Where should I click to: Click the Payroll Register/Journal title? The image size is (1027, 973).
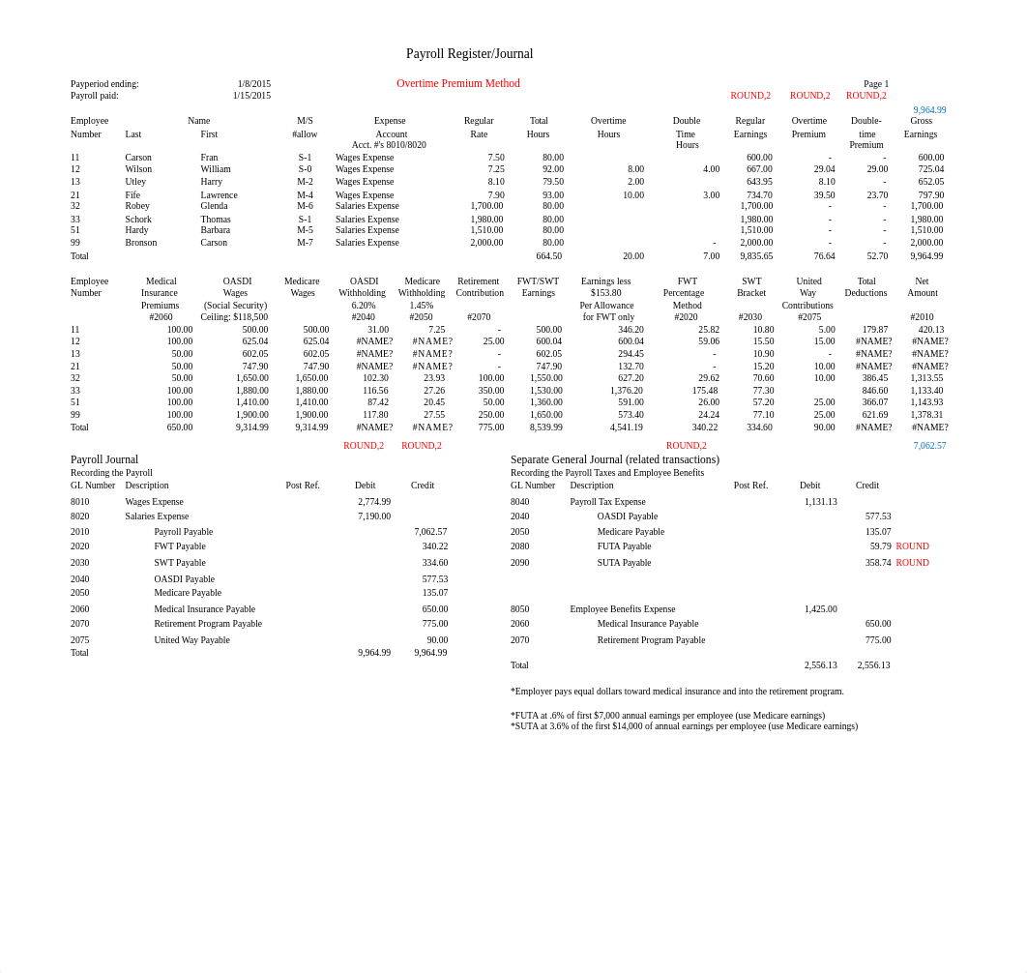pos(469,54)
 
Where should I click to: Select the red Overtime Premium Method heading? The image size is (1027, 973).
pos(457,83)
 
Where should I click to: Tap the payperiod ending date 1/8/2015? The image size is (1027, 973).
pos(254,84)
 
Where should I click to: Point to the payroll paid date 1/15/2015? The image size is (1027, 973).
pos(251,96)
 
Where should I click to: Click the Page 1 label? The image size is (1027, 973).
pos(875,84)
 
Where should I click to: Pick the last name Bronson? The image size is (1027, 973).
pos(140,243)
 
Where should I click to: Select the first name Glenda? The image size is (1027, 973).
pos(214,206)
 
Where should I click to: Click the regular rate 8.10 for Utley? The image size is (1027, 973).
pos(495,182)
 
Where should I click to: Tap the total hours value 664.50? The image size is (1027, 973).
pos(548,256)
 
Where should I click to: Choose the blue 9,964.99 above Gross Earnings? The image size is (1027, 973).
pos(929,110)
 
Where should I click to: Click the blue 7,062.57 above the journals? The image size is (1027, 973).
pos(929,446)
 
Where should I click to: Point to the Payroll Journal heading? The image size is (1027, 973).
pos(104,459)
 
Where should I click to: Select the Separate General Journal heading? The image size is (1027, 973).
pos(614,459)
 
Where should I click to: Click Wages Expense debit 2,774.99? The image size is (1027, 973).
pos(374,502)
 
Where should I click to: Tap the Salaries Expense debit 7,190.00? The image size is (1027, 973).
pos(374,516)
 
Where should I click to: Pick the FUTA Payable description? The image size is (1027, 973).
pos(624,546)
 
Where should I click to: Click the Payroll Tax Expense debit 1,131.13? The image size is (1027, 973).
pos(820,502)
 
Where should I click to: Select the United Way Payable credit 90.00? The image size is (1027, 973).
pos(437,640)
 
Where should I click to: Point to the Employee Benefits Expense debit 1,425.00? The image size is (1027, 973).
pos(820,609)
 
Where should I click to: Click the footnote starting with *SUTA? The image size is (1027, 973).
pos(684,726)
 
